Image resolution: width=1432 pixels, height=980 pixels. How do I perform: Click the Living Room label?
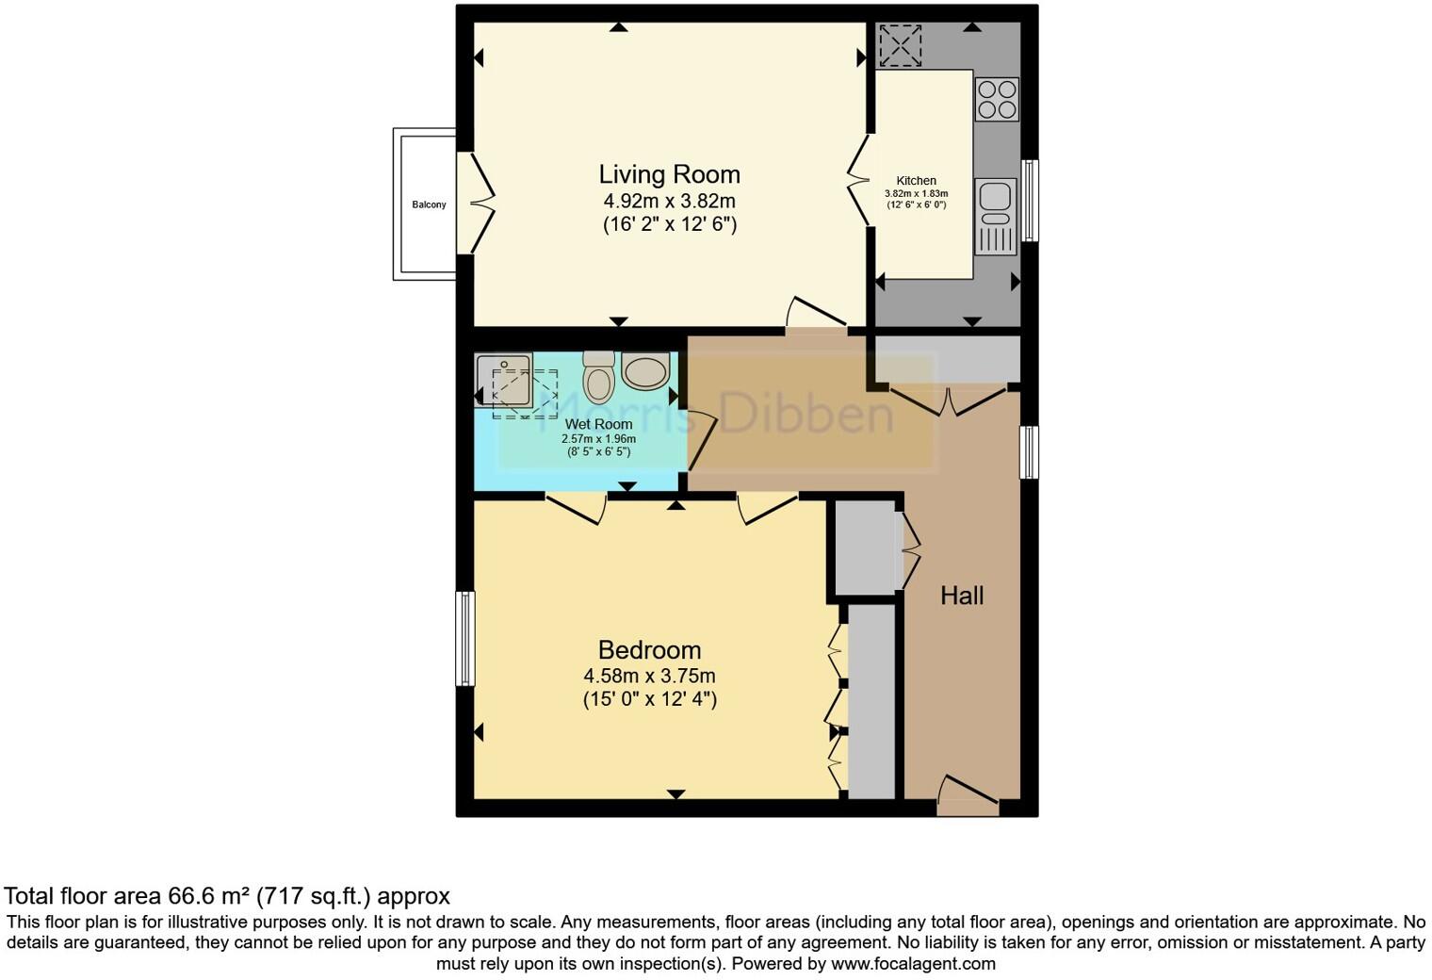tap(669, 174)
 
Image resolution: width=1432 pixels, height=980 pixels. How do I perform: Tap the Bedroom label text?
tap(649, 650)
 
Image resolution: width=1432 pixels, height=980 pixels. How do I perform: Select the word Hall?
tap(962, 596)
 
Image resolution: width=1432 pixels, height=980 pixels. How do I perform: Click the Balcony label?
tap(429, 204)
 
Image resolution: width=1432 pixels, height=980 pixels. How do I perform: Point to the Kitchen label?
tap(916, 181)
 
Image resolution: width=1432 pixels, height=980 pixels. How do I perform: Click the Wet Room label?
tap(598, 425)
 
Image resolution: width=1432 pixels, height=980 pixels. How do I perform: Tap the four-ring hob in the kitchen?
tap(997, 99)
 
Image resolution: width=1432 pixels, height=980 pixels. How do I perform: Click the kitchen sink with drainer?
tap(996, 217)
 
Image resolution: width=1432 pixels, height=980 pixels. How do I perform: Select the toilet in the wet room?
tap(598, 377)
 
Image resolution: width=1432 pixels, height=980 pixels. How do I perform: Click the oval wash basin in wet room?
tap(645, 371)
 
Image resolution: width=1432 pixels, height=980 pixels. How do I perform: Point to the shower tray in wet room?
tap(504, 380)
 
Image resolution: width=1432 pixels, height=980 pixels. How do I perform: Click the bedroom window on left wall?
tap(464, 639)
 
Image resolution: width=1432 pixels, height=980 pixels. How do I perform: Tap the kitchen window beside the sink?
tap(1030, 200)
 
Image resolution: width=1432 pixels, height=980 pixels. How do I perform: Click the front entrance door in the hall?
tap(968, 797)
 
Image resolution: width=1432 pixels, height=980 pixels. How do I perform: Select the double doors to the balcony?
tap(476, 203)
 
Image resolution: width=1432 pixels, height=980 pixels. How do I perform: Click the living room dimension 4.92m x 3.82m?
tap(669, 201)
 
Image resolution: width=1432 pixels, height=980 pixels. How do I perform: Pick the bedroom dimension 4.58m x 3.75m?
tap(649, 676)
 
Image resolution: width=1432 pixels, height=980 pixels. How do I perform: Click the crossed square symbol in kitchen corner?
tap(899, 45)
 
